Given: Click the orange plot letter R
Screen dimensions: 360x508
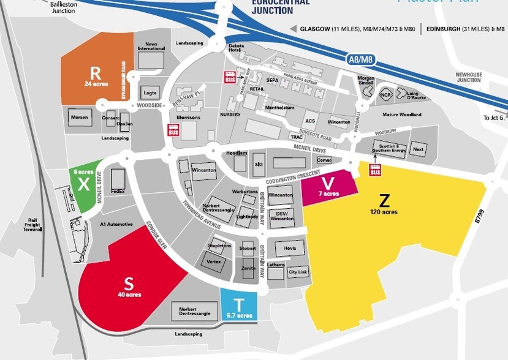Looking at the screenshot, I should click(94, 70).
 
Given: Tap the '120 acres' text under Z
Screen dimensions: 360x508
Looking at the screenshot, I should click(384, 212).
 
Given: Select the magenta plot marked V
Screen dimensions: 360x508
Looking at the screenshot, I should click(329, 184).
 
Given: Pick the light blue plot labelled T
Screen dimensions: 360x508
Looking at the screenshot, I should click(239, 304).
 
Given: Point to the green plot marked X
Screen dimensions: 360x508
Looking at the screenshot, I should click(83, 184).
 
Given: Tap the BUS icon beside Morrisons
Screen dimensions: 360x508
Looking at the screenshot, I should click(173, 130).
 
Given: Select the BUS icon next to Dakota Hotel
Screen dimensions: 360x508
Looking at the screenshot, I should click(230, 78).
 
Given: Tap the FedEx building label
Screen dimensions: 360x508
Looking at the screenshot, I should click(118, 192).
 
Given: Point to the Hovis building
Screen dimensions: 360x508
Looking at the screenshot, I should click(290, 248).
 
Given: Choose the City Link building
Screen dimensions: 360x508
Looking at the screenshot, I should click(298, 272).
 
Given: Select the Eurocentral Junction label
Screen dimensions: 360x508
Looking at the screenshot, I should click(281, 7).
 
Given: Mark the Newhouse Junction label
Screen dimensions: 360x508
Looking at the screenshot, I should click(469, 77).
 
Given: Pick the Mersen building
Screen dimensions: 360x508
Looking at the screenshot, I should click(80, 117).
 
